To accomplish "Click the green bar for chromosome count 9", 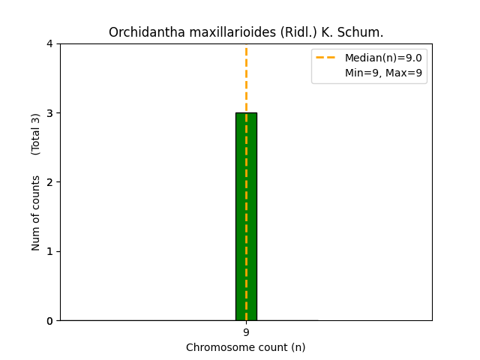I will click(246, 217).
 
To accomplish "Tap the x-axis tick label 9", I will click(246, 332).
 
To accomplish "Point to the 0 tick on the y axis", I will click(49, 320).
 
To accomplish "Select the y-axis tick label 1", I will click(49, 251).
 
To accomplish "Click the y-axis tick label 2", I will click(49, 182).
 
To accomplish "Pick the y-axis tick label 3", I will click(49, 113).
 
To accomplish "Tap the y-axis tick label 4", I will click(49, 43).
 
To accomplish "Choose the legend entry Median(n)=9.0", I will click(383, 58).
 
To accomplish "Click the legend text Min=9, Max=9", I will click(383, 73).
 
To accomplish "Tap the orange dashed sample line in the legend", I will click(327, 58).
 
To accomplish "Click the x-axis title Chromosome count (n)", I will click(246, 347).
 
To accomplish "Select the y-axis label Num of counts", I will click(36, 212).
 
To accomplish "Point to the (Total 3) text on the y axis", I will click(36, 133).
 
